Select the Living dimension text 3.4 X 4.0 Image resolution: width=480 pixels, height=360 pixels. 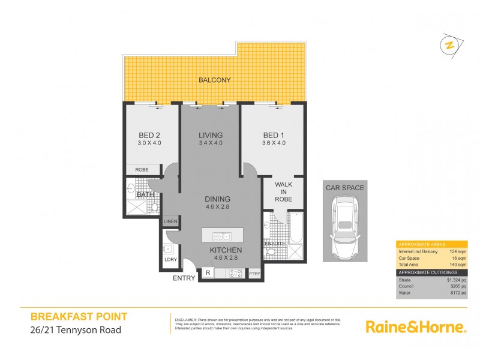point(211,143)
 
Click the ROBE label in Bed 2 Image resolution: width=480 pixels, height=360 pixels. point(142,170)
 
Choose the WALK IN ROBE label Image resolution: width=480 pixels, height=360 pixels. point(283,191)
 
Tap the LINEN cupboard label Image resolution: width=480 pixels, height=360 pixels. point(170,223)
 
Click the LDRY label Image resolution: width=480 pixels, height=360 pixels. point(170,260)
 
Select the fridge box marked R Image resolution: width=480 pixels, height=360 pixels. point(208,273)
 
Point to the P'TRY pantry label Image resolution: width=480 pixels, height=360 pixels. point(254,274)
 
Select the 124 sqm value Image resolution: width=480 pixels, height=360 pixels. point(458,251)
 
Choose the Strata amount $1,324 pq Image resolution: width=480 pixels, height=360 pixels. point(455,280)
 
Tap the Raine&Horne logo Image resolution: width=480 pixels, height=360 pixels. point(415,327)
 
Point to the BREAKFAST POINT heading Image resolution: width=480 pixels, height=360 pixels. point(79,316)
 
